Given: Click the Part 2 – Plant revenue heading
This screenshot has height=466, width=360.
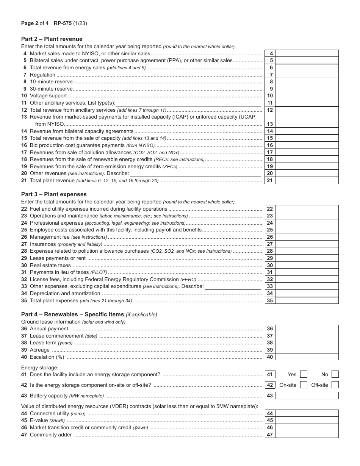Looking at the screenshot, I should pyautogui.click(x=52, y=39).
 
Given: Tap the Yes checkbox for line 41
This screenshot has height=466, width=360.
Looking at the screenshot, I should pyautogui.click(x=304, y=374).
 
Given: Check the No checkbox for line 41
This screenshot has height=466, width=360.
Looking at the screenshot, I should pyautogui.click(x=335, y=374).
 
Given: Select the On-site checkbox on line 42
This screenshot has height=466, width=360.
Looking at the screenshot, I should pyautogui.click(x=304, y=385).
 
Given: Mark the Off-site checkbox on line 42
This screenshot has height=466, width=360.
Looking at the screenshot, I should pyautogui.click(x=335, y=385).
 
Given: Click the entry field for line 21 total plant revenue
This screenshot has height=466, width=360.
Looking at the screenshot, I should pyautogui.click(x=307, y=181).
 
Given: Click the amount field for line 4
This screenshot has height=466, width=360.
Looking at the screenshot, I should pyautogui.click(x=307, y=53).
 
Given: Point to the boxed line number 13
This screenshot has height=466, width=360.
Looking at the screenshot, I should pyautogui.click(x=270, y=124).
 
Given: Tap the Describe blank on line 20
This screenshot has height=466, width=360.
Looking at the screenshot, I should pyautogui.click(x=195, y=174).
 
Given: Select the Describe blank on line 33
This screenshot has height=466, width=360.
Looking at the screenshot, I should pyautogui.click(x=233, y=287).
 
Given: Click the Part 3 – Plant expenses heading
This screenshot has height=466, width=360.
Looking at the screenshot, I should pyautogui.click(x=54, y=194).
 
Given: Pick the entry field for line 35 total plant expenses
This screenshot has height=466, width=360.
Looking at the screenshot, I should pyautogui.click(x=307, y=301).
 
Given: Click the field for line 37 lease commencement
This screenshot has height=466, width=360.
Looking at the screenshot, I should pyautogui.click(x=307, y=336).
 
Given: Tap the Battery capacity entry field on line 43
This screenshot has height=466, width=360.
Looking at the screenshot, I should pyautogui.click(x=307, y=396).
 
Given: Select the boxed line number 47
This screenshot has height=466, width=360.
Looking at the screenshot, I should pyautogui.click(x=270, y=435).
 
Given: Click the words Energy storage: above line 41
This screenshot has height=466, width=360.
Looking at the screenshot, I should pyautogui.click(x=40, y=367).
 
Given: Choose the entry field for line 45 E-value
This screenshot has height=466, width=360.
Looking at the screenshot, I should pyautogui.click(x=307, y=421).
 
